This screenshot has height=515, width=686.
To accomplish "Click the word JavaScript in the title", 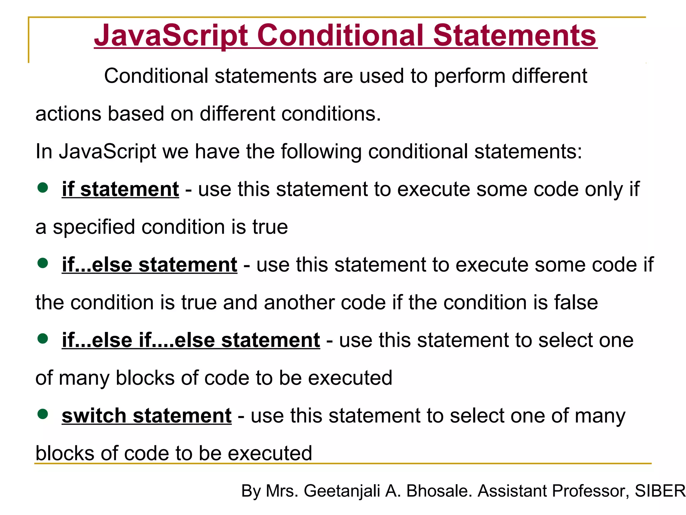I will click(x=171, y=36).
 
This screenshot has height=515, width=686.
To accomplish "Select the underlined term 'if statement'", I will click(x=120, y=189).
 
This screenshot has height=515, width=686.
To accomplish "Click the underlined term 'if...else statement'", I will click(x=149, y=265).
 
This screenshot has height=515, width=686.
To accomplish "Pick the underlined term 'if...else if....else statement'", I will click(x=191, y=340).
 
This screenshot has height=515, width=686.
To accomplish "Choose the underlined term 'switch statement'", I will click(x=146, y=416).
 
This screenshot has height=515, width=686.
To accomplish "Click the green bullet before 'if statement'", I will click(x=43, y=187).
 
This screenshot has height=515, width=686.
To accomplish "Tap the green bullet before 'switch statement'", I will click(x=43, y=414).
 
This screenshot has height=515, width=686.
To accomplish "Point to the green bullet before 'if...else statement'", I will click(x=43, y=263).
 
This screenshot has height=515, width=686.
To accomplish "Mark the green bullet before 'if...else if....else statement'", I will click(x=43, y=338).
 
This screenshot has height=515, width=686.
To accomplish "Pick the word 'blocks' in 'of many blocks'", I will click(x=145, y=378).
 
